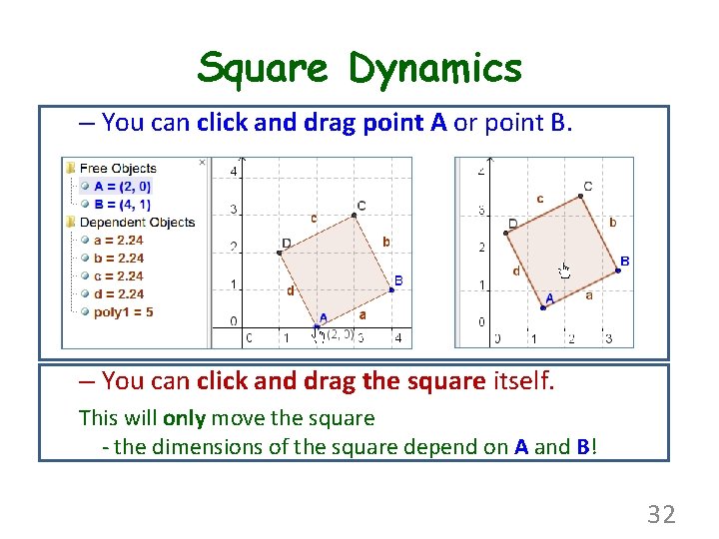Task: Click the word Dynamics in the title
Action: pos(435,68)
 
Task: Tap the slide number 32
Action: pos(661,514)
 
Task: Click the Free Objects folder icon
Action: pos(70,168)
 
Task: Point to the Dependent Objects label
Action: pos(137,222)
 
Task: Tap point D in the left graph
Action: pos(280,252)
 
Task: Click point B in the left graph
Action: pos(390,289)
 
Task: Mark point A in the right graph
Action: pos(542,307)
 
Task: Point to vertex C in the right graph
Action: pos(580,197)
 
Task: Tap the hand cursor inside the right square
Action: pos(564,269)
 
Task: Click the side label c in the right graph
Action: pos(540,199)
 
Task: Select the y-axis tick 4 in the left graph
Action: pos(233,172)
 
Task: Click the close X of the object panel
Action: pos(202,162)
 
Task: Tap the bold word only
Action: pos(186,418)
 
